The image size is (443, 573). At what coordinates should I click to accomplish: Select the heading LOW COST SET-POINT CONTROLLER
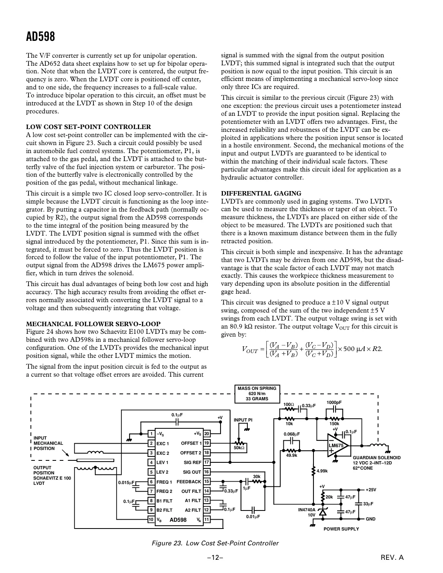[x=88, y=127]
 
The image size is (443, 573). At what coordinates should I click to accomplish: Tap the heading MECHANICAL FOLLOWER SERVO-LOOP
[x=93, y=324]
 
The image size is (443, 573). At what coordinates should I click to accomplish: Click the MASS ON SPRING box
[x=257, y=393]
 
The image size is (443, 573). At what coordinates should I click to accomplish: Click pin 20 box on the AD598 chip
[x=206, y=434]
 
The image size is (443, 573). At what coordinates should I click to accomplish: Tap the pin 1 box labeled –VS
[x=151, y=434]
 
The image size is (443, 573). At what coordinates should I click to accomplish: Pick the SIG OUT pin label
[x=192, y=472]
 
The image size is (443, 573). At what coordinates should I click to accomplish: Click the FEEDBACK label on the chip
[x=189, y=482]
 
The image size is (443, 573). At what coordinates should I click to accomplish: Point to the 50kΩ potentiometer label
[x=239, y=448]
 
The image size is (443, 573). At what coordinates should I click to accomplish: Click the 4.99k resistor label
[x=322, y=471]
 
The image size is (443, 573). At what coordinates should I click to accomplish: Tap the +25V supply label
[x=371, y=490]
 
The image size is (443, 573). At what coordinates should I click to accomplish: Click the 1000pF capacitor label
[x=334, y=402]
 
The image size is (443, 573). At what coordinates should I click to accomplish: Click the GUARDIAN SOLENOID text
[x=376, y=458]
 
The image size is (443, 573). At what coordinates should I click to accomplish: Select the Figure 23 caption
[x=214, y=543]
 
